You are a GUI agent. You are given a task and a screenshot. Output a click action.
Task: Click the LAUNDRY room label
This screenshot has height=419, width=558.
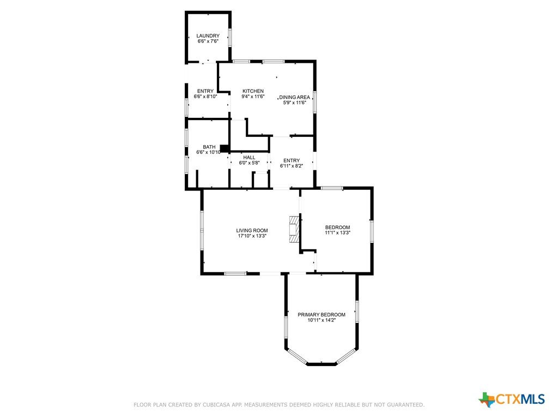pos(208,35)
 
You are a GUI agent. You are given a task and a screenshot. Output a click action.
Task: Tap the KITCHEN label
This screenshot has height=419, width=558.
pos(253,91)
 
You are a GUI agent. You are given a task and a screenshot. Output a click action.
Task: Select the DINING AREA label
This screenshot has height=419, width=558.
pos(294,97)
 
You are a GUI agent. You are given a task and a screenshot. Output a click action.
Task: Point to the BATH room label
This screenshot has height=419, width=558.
pos(209,147)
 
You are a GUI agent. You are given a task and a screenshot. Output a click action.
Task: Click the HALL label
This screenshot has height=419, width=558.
pos(249,158)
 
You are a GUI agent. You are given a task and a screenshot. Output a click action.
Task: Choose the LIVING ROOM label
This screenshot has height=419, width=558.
pos(252,231)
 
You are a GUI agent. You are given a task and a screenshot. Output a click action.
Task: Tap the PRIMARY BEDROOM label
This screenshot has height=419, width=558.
pos(322,315)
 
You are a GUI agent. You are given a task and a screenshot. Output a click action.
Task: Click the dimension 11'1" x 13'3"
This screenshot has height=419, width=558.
pos(337,233)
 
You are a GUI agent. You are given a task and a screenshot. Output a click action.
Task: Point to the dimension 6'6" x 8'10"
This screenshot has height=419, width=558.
pos(205,97)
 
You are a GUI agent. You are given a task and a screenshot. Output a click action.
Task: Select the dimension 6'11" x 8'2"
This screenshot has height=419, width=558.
pos(292,166)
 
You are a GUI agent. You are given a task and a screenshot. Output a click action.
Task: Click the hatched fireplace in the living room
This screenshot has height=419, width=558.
pos(294,230)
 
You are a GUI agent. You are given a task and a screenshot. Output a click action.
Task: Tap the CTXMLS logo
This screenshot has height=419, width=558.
pos(512,399)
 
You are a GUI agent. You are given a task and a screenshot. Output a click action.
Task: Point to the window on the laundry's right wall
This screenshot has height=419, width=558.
pos(230,38)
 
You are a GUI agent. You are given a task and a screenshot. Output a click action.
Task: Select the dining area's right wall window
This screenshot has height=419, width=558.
pos(314,102)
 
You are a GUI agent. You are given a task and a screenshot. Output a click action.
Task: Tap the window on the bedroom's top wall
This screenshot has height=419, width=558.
pos(332,188)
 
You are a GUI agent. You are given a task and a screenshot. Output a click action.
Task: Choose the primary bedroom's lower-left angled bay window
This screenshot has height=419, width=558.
pos(296,357)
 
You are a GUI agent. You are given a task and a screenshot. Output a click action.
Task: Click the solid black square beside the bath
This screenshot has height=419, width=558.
pos(224,148)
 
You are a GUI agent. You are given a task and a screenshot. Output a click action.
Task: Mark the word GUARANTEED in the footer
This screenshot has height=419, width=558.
pos(405,405)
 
